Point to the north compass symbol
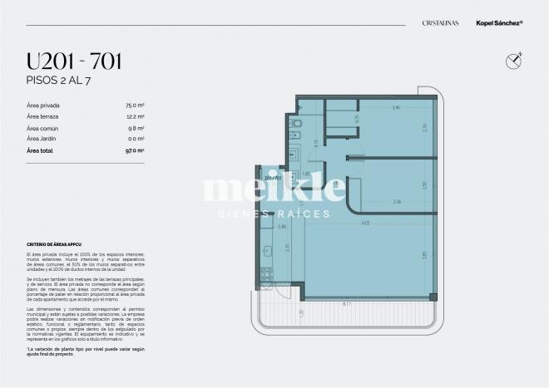(512, 60)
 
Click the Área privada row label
(43, 106)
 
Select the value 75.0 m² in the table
(136, 106)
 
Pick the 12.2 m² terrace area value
(136, 117)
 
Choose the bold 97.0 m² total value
(136, 151)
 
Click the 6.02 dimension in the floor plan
(365, 223)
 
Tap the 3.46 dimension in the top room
(396, 109)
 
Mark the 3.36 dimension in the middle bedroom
(398, 201)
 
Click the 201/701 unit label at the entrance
(274, 178)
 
